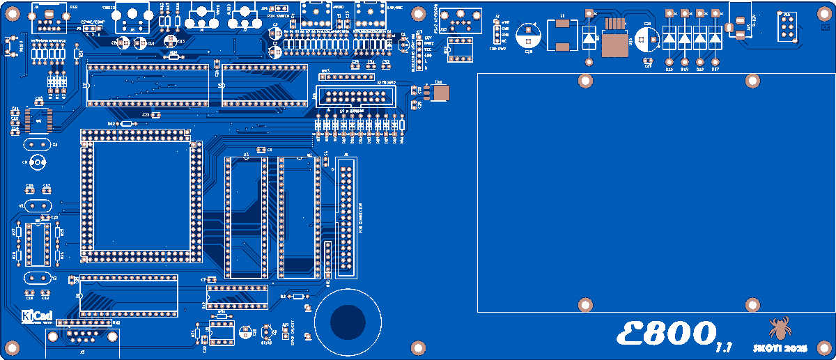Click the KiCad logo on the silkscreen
pyautogui.click(x=37, y=315)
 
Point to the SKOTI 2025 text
pyautogui.click(x=780, y=346)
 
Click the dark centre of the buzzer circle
pyautogui.click(x=348, y=322)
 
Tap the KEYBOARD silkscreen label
pyautogui.click(x=387, y=82)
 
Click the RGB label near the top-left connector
pyautogui.click(x=74, y=6)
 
